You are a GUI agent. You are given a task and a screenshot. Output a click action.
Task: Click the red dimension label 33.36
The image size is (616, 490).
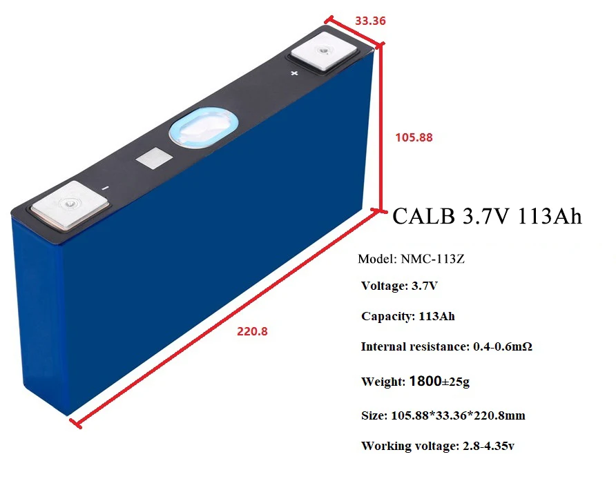click(370, 21)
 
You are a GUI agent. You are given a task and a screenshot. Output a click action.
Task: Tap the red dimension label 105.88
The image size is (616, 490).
click(414, 137)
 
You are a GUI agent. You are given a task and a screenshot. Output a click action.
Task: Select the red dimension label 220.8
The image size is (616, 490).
click(252, 331)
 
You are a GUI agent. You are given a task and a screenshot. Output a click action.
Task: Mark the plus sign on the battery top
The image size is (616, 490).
click(294, 72)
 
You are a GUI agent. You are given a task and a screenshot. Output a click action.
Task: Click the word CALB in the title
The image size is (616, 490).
click(423, 216)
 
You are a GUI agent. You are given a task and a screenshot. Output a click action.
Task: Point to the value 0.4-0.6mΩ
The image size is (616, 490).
click(502, 346)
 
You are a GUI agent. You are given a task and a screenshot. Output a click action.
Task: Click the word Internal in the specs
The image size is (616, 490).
click(383, 346)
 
